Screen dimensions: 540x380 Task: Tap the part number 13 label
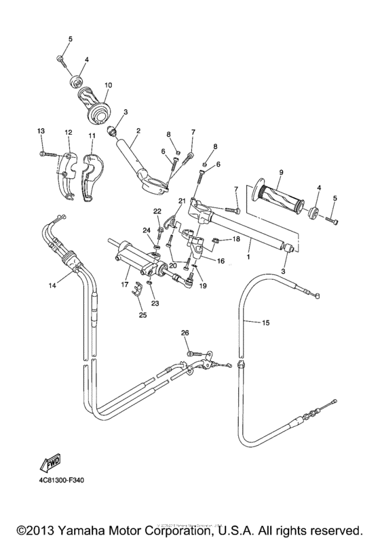(41, 131)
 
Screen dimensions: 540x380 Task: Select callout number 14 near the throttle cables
(52, 286)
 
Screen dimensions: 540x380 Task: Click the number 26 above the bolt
(185, 332)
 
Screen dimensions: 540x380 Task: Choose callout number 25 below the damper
(142, 315)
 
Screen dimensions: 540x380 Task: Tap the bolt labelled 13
(47, 155)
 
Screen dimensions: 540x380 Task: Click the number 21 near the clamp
(182, 201)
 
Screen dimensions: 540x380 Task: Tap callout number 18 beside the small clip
(236, 240)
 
